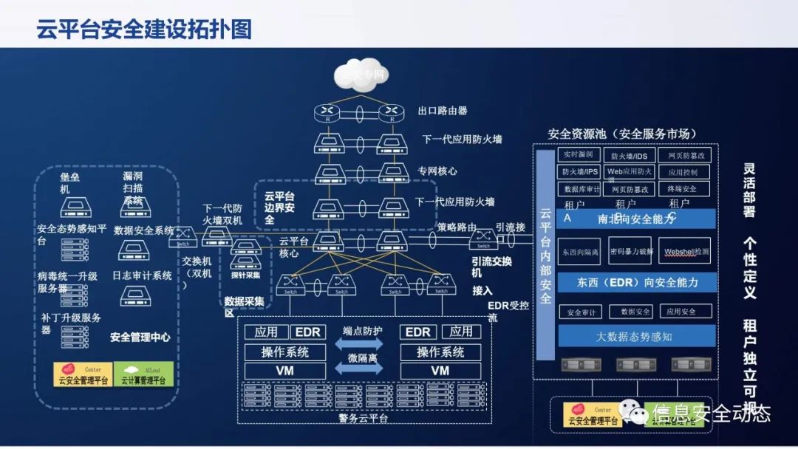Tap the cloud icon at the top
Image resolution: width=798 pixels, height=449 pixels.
point(361,75)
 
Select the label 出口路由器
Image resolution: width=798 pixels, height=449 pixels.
point(443,111)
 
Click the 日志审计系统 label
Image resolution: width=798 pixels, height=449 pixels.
point(142,275)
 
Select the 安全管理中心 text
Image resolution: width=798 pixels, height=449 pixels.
point(140,337)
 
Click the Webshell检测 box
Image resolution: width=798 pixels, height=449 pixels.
point(686,251)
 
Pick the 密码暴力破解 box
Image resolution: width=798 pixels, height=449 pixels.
point(629,251)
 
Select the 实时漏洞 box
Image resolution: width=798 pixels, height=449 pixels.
point(579,155)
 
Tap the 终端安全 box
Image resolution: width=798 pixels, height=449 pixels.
point(683,189)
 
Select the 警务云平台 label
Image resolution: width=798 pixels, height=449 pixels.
point(364,418)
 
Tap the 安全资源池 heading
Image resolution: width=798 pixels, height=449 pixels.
point(621,134)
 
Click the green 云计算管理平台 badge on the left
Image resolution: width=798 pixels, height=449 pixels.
point(143,374)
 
